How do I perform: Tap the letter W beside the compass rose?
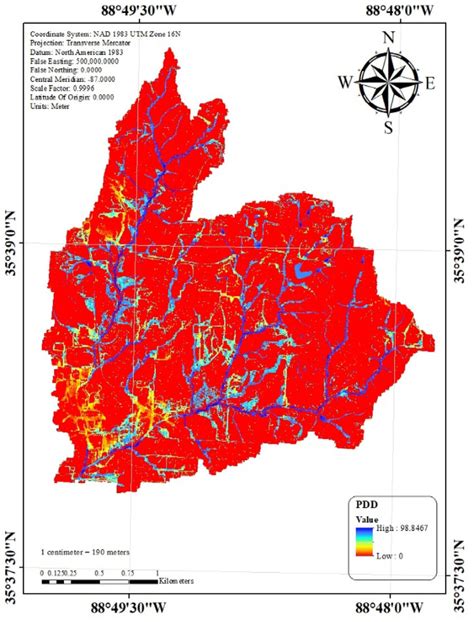coord(345,81)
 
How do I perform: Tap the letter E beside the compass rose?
coord(431,83)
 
